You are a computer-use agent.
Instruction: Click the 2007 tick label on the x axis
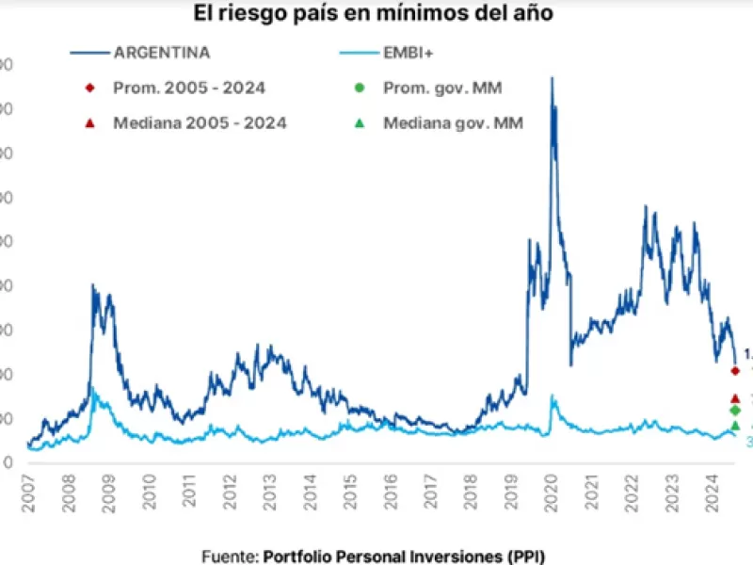pyautogui.click(x=28, y=494)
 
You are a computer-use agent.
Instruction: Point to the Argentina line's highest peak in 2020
pyautogui.click(x=552, y=78)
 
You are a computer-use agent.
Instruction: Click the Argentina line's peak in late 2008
pyautogui.click(x=92, y=285)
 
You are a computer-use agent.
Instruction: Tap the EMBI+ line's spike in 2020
pyautogui.click(x=553, y=396)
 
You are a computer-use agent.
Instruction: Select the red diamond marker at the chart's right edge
pyautogui.click(x=735, y=370)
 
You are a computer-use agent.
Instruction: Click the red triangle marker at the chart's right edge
pyautogui.click(x=735, y=398)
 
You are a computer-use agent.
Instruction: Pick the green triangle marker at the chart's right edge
pyautogui.click(x=735, y=426)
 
